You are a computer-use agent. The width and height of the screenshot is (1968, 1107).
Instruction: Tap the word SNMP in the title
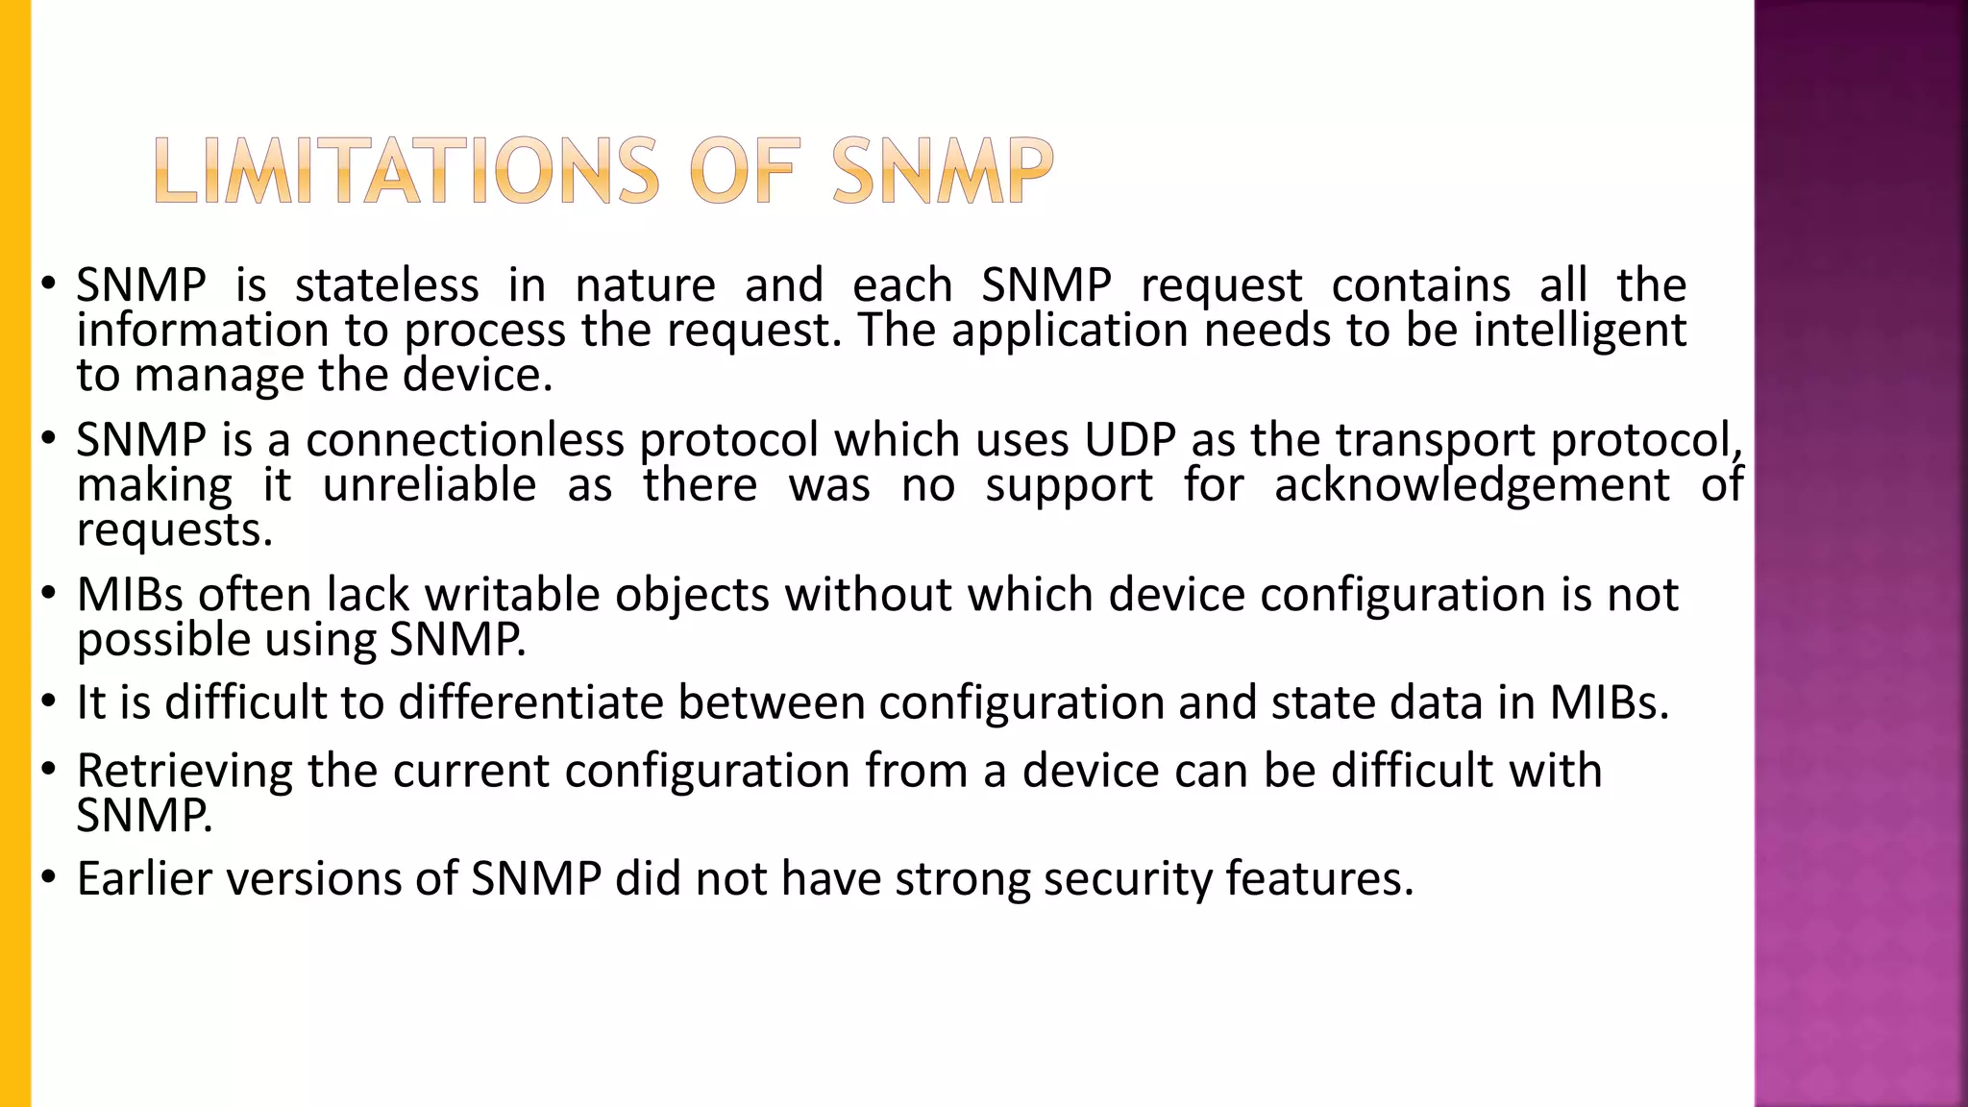click(x=943, y=172)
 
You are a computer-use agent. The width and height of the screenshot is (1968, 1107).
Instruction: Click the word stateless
click(x=386, y=285)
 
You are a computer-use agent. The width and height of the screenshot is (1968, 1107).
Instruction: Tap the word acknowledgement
click(x=1471, y=484)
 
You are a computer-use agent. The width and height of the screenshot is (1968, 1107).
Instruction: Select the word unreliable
click(x=429, y=484)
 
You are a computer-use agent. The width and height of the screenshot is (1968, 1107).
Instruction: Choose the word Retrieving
click(x=184, y=772)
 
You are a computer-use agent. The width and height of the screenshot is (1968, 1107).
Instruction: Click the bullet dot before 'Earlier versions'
click(x=48, y=879)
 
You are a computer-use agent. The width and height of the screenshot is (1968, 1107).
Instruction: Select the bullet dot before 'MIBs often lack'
click(x=48, y=595)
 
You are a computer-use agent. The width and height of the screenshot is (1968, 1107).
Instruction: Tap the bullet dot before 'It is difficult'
click(x=48, y=702)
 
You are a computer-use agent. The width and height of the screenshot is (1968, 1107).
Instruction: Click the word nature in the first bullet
click(x=645, y=285)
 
